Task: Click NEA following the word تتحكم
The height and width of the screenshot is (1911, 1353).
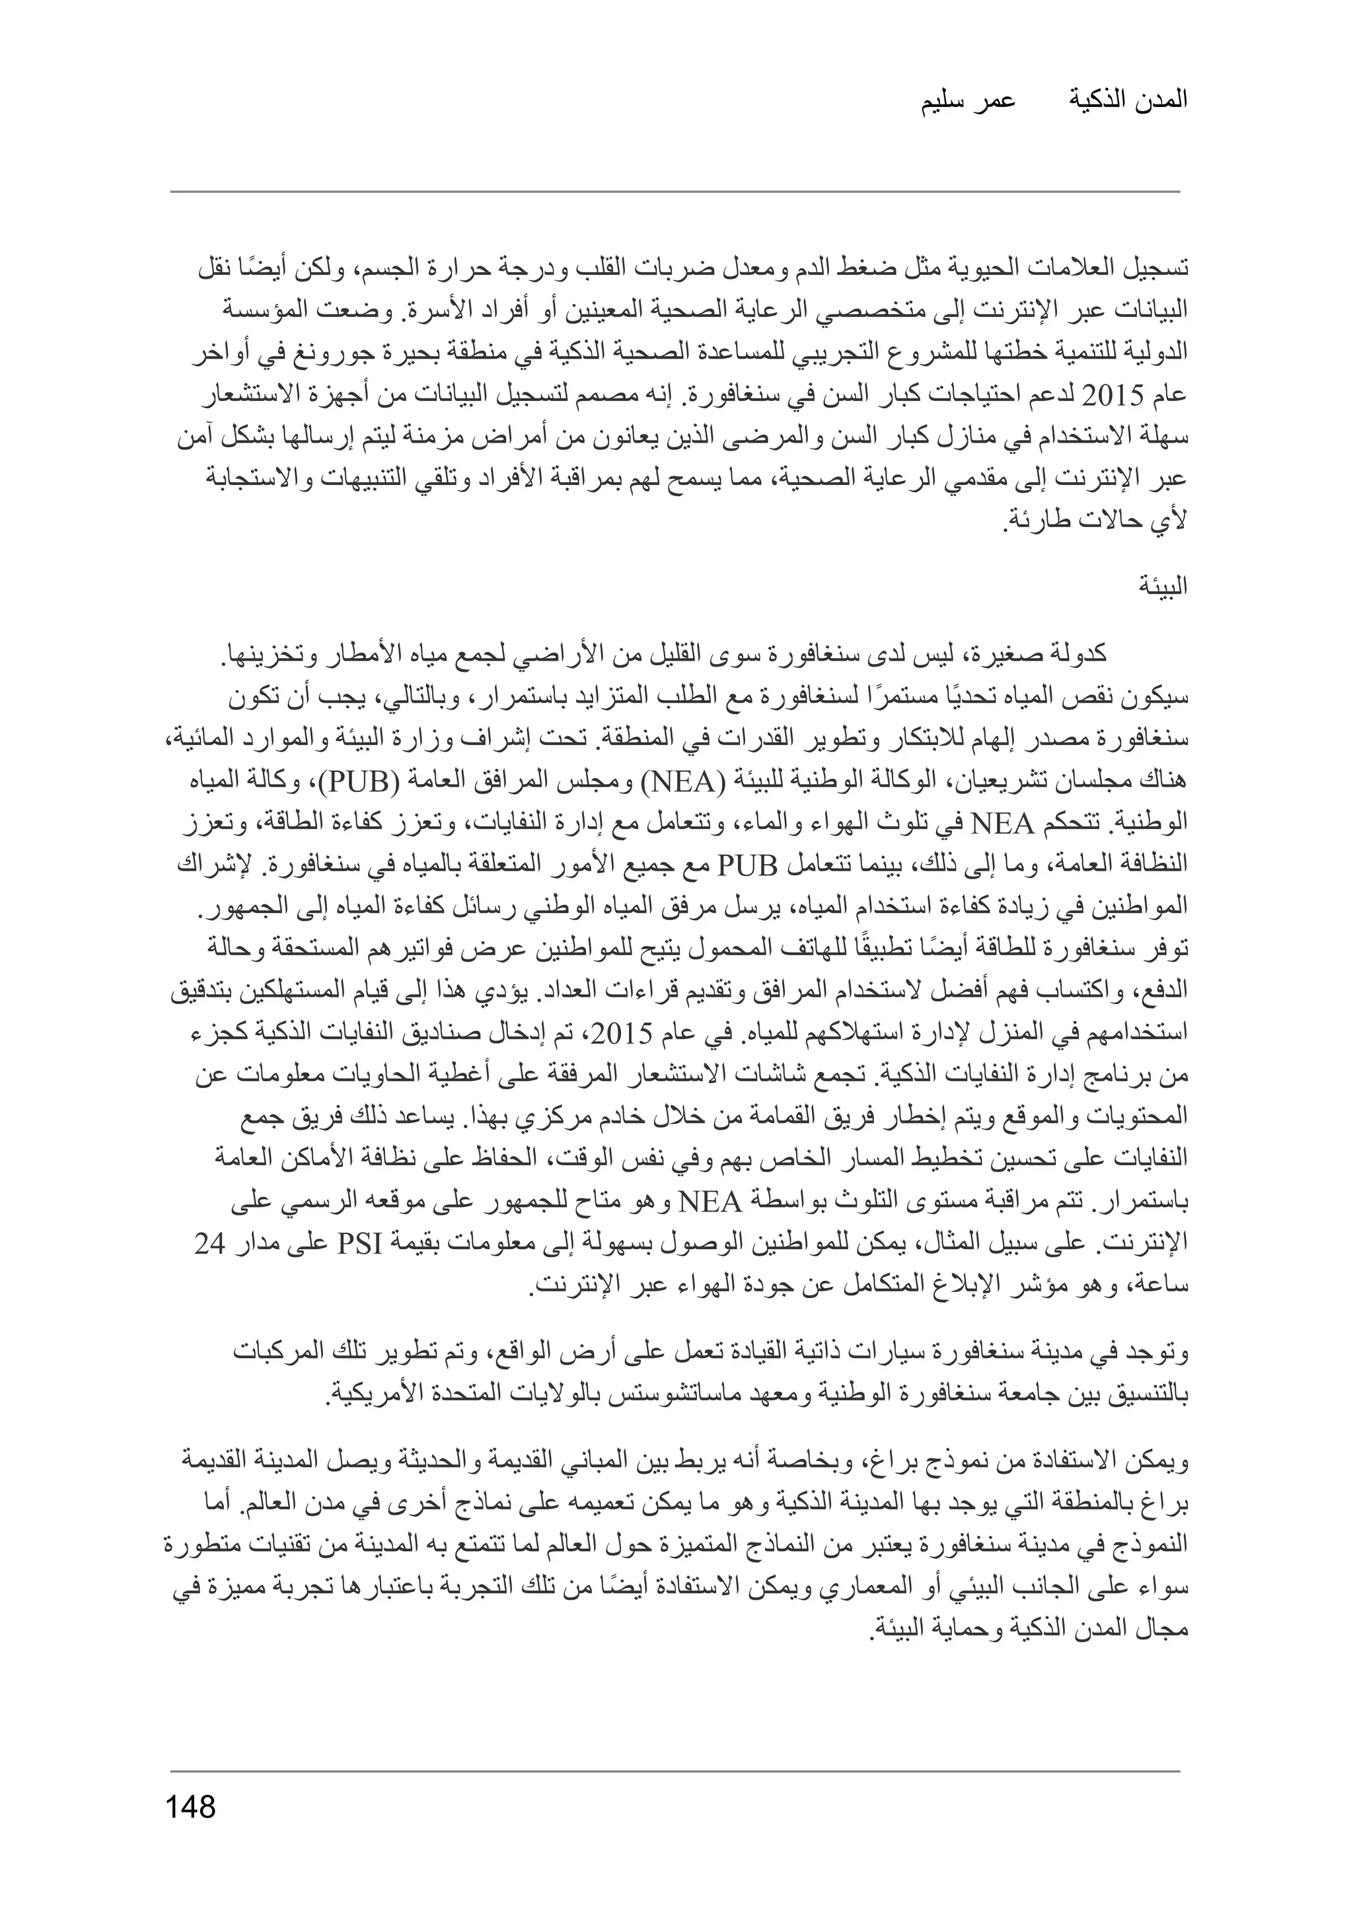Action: point(1002,825)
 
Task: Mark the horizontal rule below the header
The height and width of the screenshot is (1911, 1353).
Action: point(675,192)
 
